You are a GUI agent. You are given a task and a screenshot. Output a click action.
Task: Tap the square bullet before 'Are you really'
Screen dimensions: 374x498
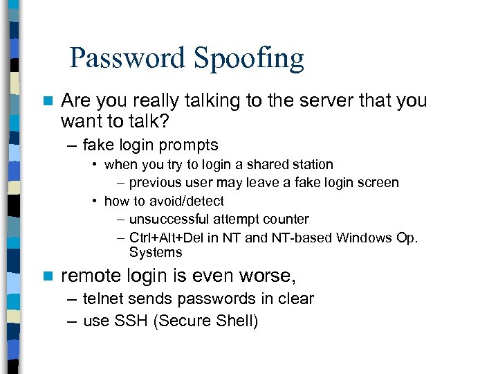point(47,101)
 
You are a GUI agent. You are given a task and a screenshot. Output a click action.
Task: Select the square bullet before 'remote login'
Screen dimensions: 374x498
point(47,276)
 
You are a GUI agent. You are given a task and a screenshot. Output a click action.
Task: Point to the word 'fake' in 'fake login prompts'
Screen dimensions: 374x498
point(98,145)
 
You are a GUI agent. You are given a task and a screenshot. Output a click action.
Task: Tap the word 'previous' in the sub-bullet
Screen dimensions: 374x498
point(154,183)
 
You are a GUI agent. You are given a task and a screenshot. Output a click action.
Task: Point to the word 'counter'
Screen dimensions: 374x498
point(286,219)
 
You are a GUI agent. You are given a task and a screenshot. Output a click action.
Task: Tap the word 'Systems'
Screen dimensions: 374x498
point(156,253)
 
